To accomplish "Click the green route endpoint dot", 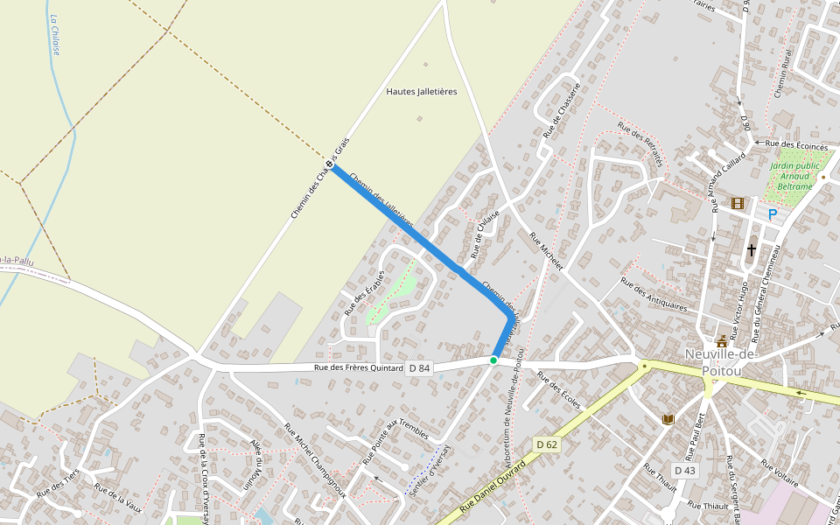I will [493, 360].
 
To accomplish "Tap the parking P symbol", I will [773, 214].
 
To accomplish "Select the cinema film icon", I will [737, 203].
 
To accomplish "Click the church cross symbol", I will [751, 250].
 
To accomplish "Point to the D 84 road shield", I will [420, 368].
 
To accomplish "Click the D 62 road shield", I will [547, 444].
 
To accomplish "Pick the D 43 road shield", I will [685, 471].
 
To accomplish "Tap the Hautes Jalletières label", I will [422, 91].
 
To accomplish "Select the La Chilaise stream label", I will [54, 35].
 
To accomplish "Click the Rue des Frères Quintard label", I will [359, 368].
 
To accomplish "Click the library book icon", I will [669, 420].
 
